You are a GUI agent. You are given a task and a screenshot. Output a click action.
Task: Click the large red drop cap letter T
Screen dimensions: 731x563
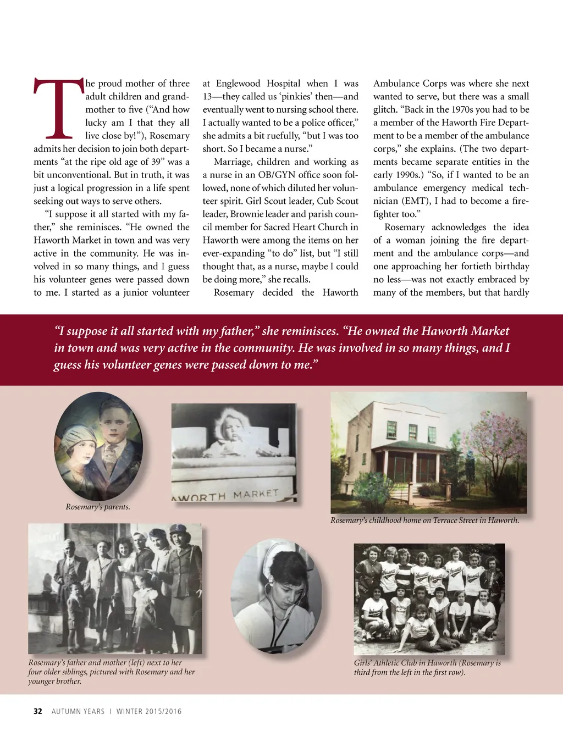(59, 108)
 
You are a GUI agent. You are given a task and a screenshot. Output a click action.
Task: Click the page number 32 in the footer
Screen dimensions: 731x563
(38, 711)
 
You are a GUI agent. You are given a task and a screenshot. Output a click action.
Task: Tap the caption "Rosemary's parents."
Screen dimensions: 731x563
(98, 507)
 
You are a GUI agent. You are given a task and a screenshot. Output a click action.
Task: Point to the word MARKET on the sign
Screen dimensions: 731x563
(256, 494)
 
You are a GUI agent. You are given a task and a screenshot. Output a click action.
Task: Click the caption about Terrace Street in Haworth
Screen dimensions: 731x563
(424, 520)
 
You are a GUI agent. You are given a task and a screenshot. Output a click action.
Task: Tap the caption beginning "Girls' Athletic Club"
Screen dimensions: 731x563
(427, 667)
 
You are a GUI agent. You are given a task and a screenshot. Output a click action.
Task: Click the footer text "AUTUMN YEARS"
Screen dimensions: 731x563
(78, 711)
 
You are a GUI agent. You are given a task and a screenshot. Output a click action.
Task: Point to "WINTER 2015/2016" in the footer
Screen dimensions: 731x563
(149, 711)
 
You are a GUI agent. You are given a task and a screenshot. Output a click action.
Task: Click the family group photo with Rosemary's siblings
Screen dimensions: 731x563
(115, 589)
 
